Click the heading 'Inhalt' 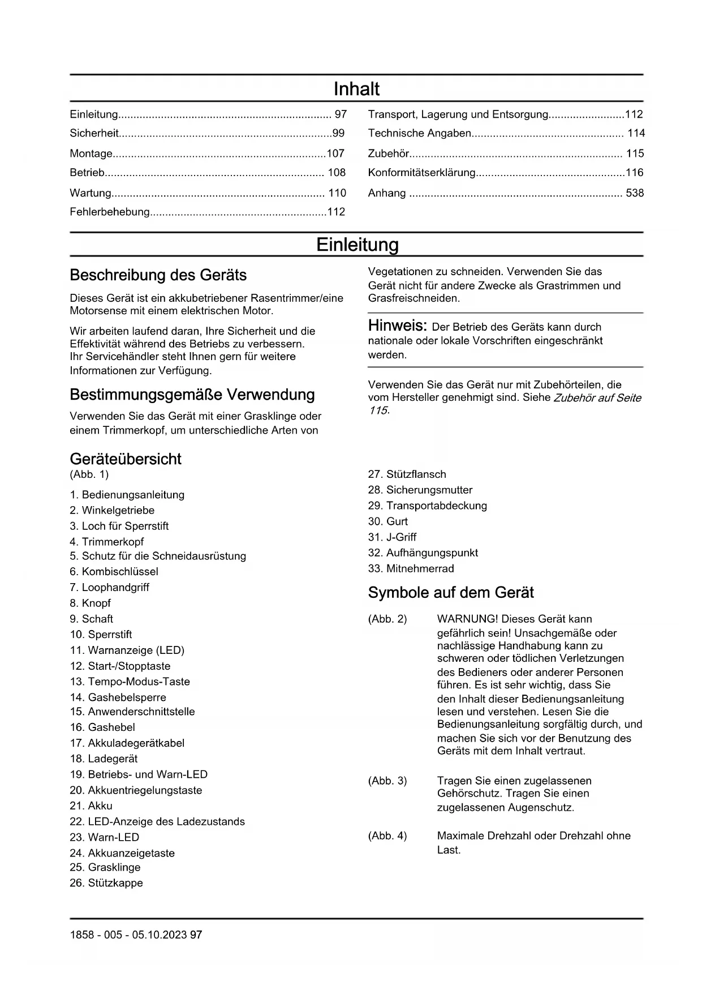click(356, 89)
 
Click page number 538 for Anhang click(635, 193)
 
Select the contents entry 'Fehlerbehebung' click(110, 212)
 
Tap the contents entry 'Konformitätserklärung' click(421, 173)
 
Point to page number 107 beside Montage click(335, 153)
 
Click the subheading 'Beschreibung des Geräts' click(158, 275)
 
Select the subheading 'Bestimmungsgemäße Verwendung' click(192, 395)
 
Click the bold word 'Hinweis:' click(397, 326)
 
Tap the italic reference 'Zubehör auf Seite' click(597, 398)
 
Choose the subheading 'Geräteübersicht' click(126, 459)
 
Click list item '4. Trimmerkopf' click(107, 542)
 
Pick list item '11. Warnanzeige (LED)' click(127, 650)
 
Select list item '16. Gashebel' click(102, 727)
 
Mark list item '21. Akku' click(91, 806)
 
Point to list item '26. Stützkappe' click(106, 883)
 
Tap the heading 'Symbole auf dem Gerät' click(451, 593)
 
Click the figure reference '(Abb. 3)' click(387, 781)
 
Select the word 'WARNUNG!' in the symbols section click(467, 619)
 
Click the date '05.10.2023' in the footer click(160, 935)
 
